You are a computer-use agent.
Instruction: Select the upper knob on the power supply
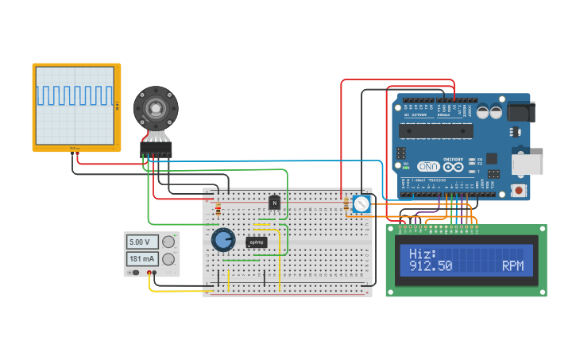168,242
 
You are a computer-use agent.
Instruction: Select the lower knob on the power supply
168,259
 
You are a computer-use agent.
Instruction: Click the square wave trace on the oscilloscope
75,95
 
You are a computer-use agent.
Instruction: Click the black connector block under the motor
156,147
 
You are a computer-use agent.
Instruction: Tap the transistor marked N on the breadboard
275,203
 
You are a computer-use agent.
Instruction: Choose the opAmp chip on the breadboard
256,242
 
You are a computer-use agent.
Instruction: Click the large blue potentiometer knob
223,239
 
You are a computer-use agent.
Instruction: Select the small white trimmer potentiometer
361,204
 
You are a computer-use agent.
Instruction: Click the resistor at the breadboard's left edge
218,210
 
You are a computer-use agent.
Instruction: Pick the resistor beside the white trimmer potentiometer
346,205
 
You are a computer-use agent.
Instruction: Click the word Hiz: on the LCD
422,254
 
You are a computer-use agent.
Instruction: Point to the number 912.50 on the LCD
430,267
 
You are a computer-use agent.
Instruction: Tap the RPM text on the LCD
512,267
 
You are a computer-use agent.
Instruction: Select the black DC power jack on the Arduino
520,110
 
